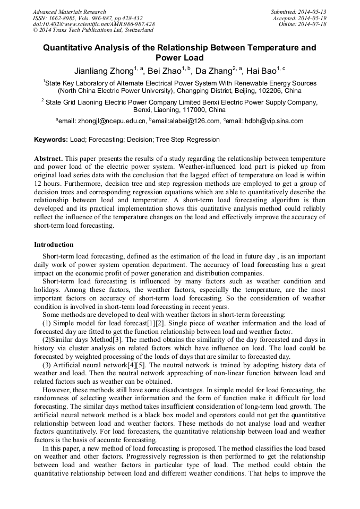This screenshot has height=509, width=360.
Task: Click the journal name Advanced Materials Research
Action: [x=69, y=12]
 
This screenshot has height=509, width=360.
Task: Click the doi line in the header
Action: [x=94, y=24]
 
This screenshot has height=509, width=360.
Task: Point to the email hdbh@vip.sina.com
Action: [x=265, y=122]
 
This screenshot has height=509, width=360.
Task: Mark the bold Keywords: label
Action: [x=51, y=140]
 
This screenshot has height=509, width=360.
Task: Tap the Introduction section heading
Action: [x=54, y=245]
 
